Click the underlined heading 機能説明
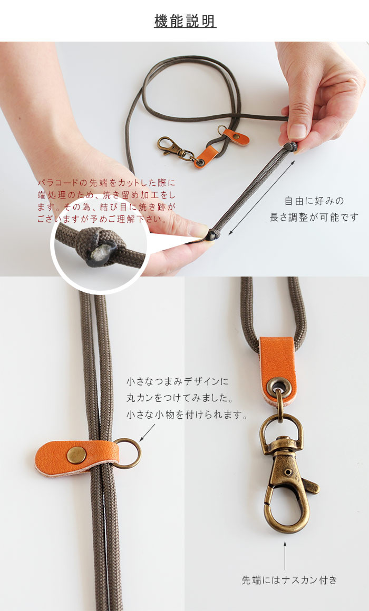[x=185, y=21]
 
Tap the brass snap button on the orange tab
[x=76, y=455]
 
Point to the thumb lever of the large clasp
[x=310, y=486]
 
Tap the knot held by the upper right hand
[x=290, y=146]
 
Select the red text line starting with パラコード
[x=106, y=183]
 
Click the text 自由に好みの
[x=314, y=201]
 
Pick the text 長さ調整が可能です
[x=314, y=217]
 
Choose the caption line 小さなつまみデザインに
[x=178, y=381]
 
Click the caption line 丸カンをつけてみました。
[x=180, y=398]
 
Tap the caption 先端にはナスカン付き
[x=289, y=580]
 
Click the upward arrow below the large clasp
[x=285, y=556]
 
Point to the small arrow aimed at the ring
[x=147, y=432]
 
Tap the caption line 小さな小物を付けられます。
[x=187, y=415]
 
